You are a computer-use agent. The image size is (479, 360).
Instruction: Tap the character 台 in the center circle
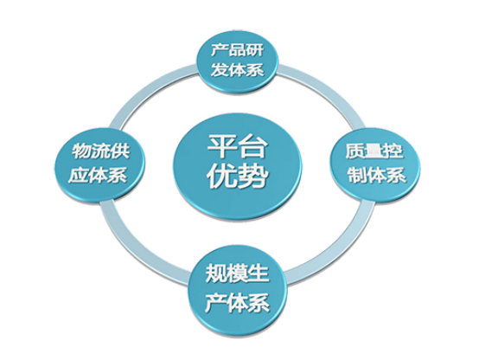coord(252,146)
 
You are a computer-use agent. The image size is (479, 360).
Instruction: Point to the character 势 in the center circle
coord(253,177)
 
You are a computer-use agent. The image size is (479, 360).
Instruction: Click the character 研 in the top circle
coord(255,49)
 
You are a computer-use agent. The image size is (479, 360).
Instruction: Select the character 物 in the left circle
coord(82,151)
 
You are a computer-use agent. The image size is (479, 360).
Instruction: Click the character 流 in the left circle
coord(101,151)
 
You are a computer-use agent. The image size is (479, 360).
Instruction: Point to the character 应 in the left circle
coord(78,175)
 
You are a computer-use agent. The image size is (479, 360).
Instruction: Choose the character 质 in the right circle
coord(355,151)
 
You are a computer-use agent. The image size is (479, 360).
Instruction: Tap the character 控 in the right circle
coord(393,151)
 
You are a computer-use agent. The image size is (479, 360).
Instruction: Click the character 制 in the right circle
coord(358,175)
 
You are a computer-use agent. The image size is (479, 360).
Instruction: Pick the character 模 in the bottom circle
coord(238,273)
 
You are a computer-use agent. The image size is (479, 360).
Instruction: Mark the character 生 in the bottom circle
coord(259,273)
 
